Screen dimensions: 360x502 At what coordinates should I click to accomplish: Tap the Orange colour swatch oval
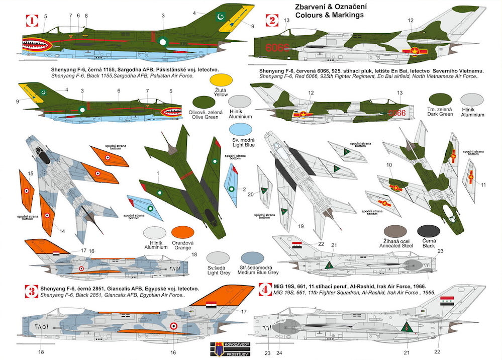183,233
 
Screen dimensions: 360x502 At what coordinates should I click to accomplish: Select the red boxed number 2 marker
271,21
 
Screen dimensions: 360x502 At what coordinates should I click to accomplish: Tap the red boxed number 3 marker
32,291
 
